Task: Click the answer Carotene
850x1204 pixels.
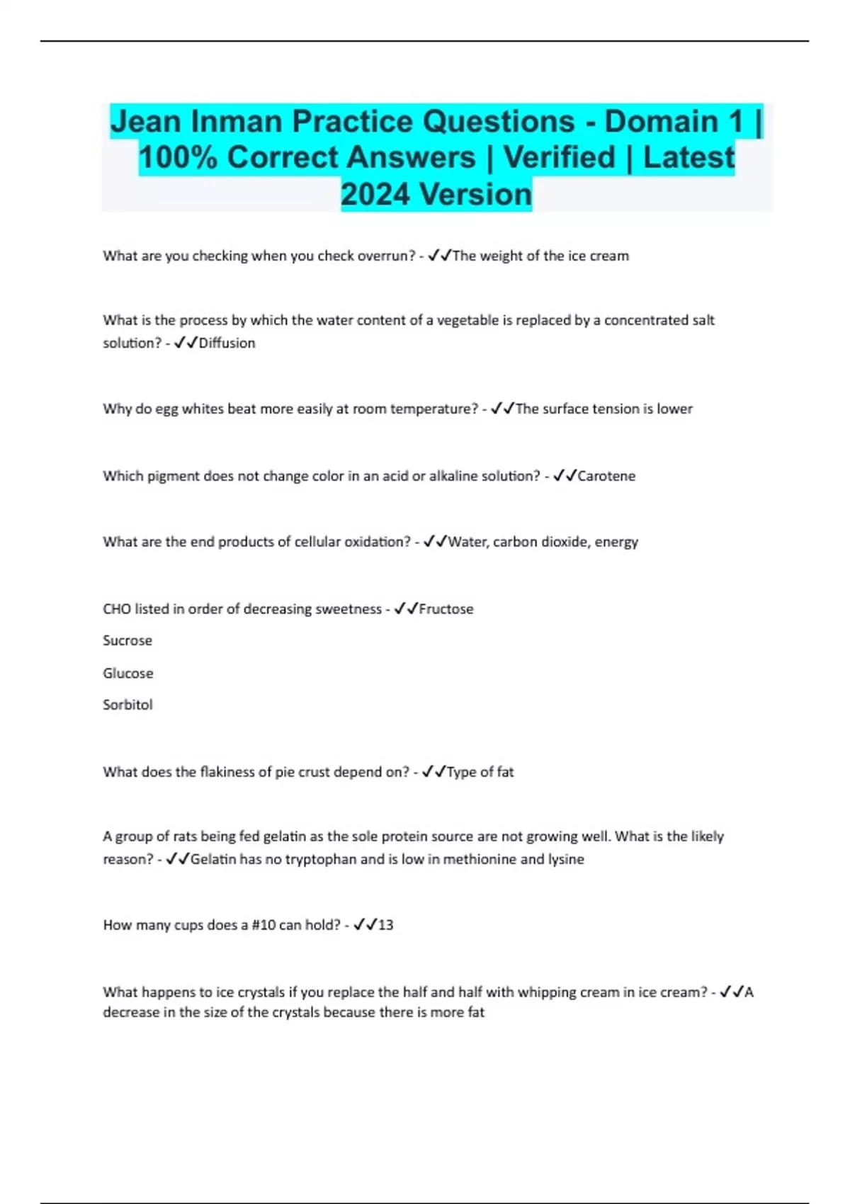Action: click(x=606, y=476)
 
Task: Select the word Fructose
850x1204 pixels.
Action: click(x=446, y=609)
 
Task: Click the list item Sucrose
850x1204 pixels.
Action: click(x=127, y=640)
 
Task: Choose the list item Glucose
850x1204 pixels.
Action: click(x=128, y=673)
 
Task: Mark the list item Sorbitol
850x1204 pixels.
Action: click(x=127, y=705)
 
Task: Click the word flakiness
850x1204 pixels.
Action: click(x=230, y=772)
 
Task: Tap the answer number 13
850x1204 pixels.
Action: click(x=385, y=925)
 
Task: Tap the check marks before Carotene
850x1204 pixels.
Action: click(x=564, y=476)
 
